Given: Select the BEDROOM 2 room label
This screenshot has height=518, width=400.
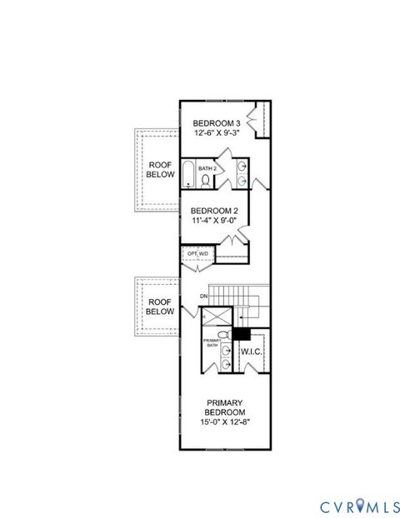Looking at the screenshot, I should point(214,211).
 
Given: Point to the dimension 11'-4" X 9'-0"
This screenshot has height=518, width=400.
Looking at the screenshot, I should point(214,221).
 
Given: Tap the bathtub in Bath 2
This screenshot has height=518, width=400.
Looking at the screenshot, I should point(189,176).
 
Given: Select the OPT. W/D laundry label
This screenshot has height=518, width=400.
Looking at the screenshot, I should point(197,253).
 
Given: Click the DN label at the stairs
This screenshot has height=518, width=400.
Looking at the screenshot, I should point(203,296).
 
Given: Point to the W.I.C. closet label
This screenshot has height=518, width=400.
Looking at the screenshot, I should point(252,352).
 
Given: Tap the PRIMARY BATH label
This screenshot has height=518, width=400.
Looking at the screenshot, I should point(212,341).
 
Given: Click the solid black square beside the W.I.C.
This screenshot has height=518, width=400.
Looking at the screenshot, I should point(242,333).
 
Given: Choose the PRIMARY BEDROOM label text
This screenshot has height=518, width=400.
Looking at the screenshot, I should point(226,408).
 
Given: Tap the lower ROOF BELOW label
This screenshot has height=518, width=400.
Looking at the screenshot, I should point(160,306).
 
